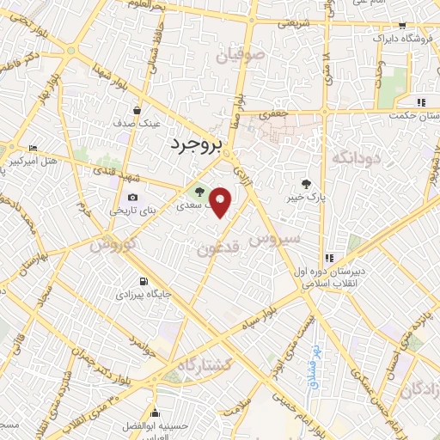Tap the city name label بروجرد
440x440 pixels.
click(196, 144)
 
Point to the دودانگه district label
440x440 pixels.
click(354, 156)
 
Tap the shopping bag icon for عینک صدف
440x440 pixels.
click(137, 110)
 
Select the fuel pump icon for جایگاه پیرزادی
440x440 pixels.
click(142, 282)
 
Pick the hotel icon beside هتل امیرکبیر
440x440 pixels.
click(33, 149)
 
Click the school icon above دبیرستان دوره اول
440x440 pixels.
click(329, 258)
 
